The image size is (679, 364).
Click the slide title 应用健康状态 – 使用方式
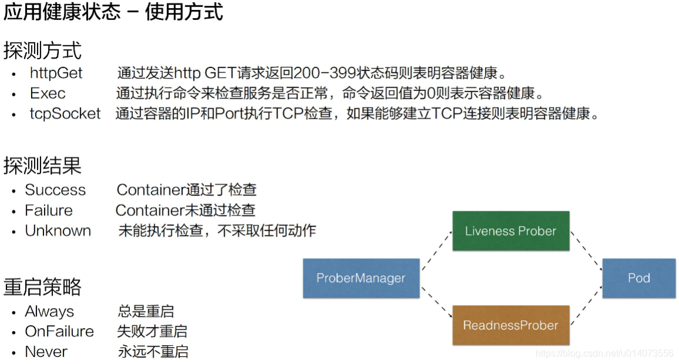(113, 12)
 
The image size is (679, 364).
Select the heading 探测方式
(42, 50)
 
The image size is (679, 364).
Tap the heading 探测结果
(42, 166)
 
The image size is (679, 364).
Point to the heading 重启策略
(42, 287)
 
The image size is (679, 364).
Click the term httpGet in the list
(56, 73)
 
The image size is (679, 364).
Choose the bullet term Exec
(48, 93)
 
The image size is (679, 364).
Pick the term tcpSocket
(65, 113)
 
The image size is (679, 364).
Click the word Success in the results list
(55, 190)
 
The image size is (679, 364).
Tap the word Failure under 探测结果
(49, 210)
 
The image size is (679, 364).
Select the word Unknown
(58, 231)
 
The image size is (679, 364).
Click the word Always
(49, 311)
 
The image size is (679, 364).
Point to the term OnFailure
(59, 331)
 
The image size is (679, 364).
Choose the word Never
(46, 352)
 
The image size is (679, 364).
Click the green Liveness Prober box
(510, 231)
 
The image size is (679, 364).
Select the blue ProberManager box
(361, 278)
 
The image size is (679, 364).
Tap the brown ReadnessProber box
(510, 325)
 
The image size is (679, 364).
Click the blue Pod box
(639, 278)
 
